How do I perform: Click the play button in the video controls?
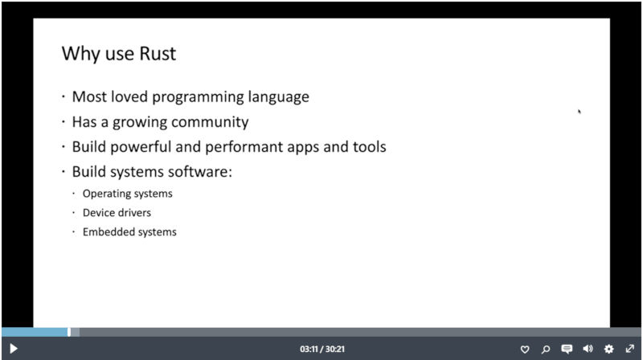point(13,349)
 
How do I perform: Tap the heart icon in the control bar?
point(525,350)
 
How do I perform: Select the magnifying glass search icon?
point(546,350)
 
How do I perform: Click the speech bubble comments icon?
point(567,349)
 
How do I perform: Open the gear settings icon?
point(609,349)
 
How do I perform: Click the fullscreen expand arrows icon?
point(630,349)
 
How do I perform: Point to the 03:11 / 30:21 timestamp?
point(322,349)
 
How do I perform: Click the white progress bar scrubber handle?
point(69,332)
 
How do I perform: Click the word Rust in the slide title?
point(158,53)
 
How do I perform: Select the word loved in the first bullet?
point(129,96)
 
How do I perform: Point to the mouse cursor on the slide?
point(580,111)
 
